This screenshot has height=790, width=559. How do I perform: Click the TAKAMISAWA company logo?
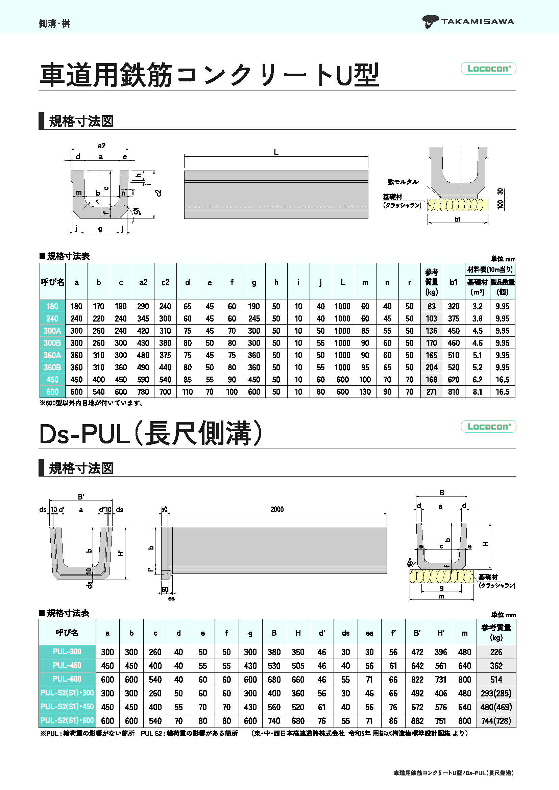click(x=468, y=22)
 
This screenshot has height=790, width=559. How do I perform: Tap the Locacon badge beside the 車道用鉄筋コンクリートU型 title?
click(x=488, y=69)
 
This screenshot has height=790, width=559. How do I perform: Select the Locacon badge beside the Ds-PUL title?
click(x=488, y=427)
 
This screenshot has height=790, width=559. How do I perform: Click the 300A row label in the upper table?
click(x=52, y=331)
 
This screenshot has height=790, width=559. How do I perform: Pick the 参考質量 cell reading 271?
click(x=431, y=391)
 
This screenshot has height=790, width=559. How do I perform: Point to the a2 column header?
click(x=143, y=282)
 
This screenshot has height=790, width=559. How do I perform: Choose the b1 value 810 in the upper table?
click(x=454, y=391)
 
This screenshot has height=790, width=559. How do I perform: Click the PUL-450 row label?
click(x=67, y=665)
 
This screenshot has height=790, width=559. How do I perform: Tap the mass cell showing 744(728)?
click(x=496, y=720)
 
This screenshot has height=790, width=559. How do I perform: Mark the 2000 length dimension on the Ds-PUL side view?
click(x=277, y=509)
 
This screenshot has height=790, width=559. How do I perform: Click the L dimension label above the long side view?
click(x=276, y=152)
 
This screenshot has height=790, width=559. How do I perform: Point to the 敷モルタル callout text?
click(x=403, y=182)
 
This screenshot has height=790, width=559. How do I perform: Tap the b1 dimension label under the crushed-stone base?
click(x=458, y=219)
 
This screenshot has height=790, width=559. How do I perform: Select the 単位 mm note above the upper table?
click(x=503, y=259)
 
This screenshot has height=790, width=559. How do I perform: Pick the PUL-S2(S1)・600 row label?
click(x=67, y=720)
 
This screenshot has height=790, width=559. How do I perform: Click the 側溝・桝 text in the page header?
click(x=54, y=23)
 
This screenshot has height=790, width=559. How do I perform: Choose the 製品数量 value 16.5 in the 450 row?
click(x=503, y=380)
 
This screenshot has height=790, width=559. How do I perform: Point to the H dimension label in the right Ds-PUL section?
click(x=485, y=544)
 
